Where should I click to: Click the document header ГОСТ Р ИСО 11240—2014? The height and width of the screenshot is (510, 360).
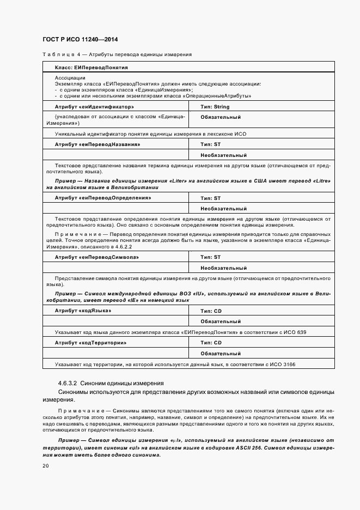click(80, 40)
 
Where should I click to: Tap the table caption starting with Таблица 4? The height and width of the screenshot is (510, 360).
click(117, 54)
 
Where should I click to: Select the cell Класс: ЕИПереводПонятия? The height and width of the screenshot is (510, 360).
click(91, 68)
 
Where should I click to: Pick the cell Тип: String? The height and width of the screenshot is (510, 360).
click(215, 107)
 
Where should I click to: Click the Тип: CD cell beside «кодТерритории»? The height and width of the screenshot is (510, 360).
click(211, 343)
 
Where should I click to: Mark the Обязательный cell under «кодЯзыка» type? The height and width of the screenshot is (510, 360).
click(221, 321)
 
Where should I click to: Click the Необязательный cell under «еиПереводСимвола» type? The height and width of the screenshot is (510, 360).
click(223, 268)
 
